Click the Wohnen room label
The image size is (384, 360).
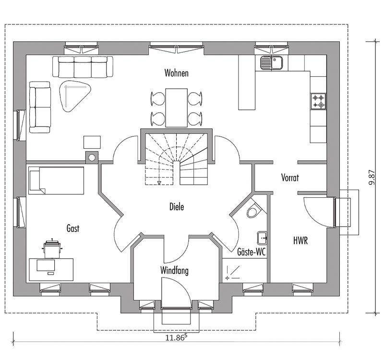(x=176, y=73)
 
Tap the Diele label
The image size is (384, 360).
(x=177, y=207)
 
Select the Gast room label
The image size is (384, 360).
(x=73, y=228)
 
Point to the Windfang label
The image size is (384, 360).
(x=174, y=271)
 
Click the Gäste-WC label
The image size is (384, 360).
(x=252, y=252)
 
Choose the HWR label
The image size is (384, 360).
(x=300, y=240)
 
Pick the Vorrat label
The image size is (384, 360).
(x=290, y=177)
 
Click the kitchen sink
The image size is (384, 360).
(x=272, y=63)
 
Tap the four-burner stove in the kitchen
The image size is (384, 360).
(x=318, y=101)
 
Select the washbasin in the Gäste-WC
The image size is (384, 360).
(x=262, y=238)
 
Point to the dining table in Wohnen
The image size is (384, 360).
(x=176, y=108)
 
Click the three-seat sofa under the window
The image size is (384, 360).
(x=83, y=67)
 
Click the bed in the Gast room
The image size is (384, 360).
(x=56, y=180)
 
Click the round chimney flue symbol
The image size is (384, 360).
(x=92, y=158)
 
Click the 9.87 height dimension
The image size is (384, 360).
(x=372, y=177)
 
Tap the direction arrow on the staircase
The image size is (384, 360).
(x=159, y=182)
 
